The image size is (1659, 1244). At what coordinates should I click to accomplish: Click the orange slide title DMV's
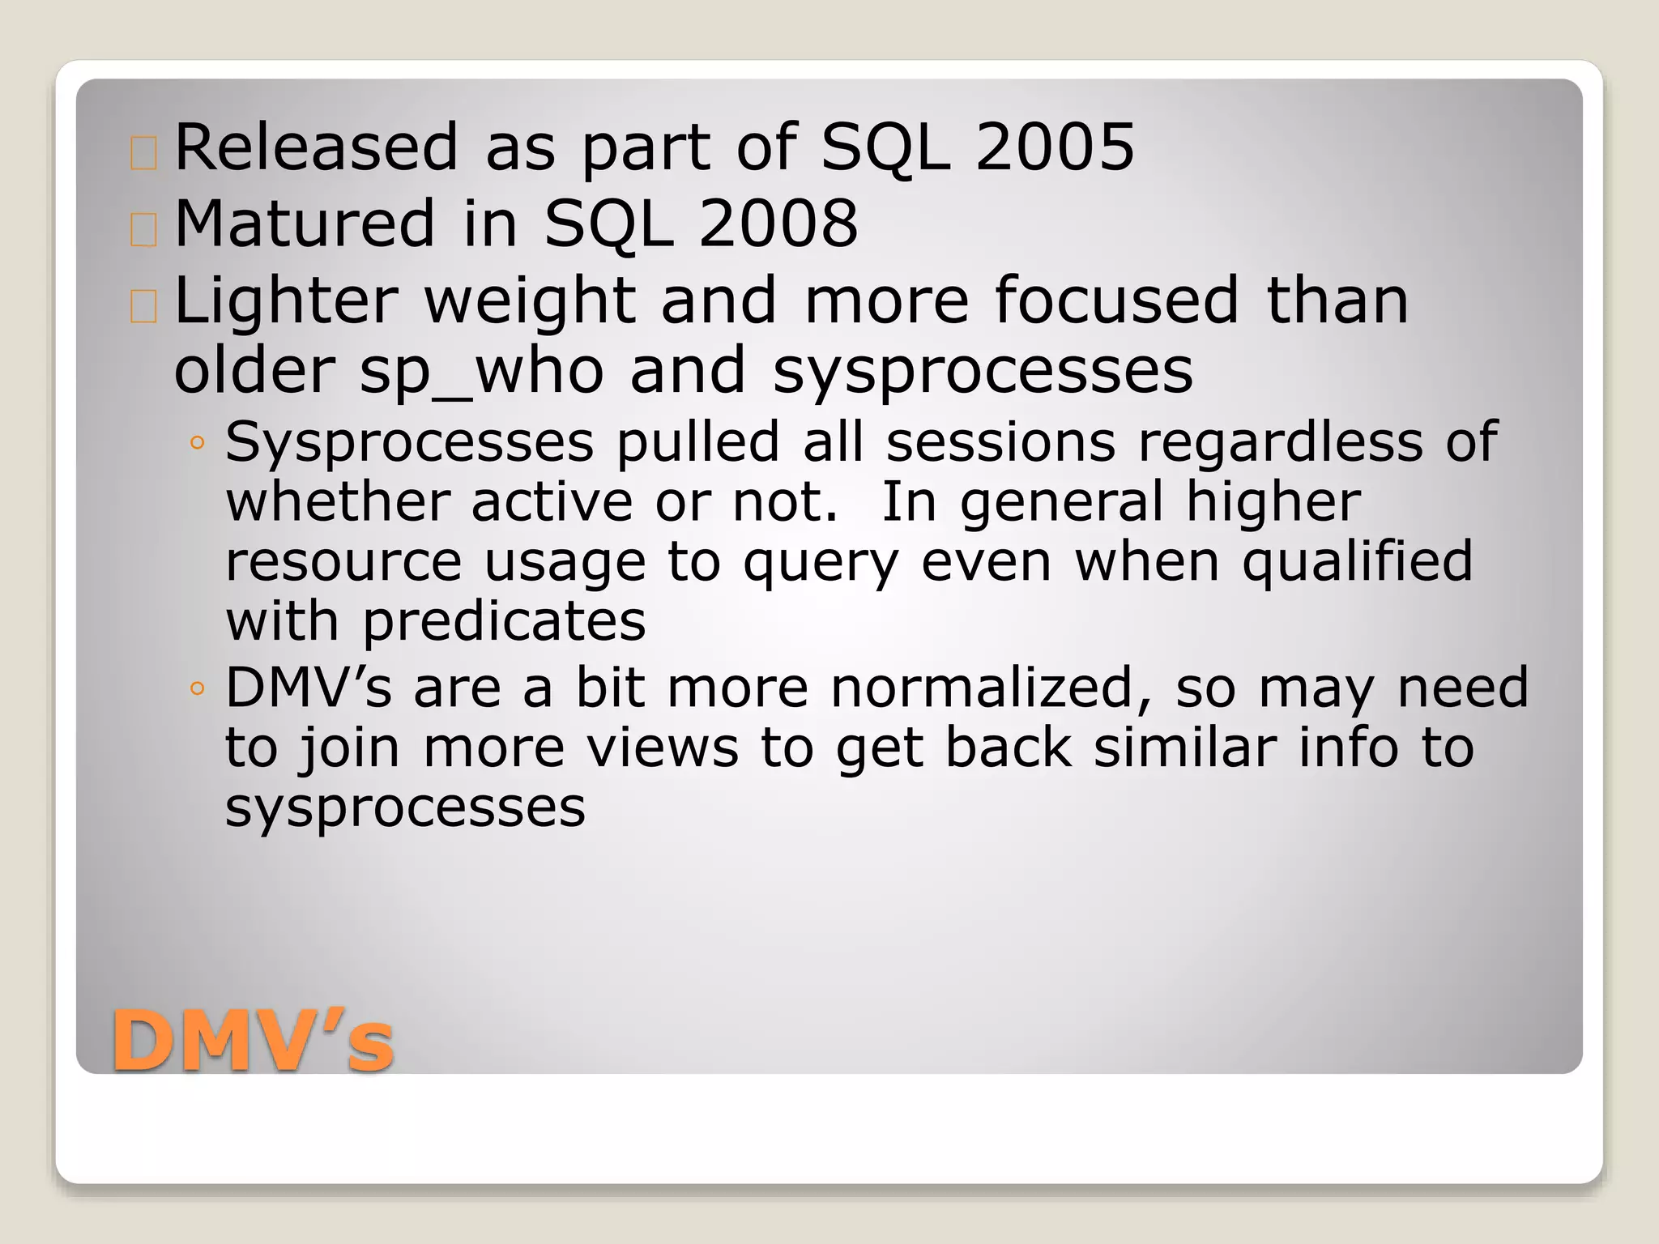tap(253, 1043)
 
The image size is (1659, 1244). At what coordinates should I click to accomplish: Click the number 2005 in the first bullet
tap(1055, 147)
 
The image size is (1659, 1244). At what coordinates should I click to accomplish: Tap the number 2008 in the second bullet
tap(778, 224)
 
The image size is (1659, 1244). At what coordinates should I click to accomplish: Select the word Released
tap(317, 147)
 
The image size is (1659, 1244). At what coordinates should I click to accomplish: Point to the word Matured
tap(305, 224)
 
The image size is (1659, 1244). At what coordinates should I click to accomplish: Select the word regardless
tap(1281, 443)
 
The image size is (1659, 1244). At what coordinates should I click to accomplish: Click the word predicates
tap(504, 622)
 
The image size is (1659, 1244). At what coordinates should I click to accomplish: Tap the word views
tap(663, 748)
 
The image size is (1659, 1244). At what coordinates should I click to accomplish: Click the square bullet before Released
tap(143, 153)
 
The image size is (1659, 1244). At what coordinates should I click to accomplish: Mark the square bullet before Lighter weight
tap(143, 307)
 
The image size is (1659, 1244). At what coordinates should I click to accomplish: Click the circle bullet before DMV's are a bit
tap(197, 690)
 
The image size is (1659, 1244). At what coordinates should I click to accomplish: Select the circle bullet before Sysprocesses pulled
tap(197, 443)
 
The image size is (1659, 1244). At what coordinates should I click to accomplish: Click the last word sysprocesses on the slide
tap(405, 807)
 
